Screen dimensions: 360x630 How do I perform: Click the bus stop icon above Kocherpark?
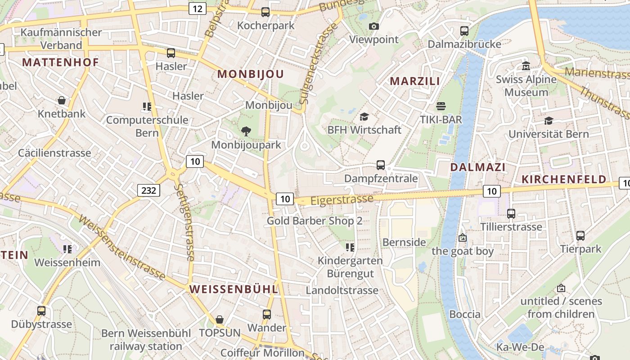point(265,12)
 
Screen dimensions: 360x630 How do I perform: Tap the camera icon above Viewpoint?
point(374,27)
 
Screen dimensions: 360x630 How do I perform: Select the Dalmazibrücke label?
point(464,44)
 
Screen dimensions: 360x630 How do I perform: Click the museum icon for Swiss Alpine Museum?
point(526,66)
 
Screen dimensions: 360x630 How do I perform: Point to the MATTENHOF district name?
point(60,63)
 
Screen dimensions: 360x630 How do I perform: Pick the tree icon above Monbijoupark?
point(246,131)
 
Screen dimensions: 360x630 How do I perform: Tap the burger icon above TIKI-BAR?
point(441,107)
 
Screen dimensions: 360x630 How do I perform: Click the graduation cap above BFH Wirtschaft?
point(364,117)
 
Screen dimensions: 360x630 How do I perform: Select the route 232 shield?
point(148,191)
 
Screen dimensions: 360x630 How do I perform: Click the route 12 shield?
point(198,9)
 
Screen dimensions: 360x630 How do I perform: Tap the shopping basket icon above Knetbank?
point(62,100)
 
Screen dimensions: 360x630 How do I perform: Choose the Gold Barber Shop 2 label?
point(315,221)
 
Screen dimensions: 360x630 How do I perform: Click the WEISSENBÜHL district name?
point(234,289)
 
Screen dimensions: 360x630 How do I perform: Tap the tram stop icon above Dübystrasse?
point(41,311)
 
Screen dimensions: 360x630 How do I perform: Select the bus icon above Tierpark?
point(580,235)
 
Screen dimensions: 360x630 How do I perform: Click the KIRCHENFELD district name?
point(564,179)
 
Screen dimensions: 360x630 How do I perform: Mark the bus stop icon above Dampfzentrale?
point(381,165)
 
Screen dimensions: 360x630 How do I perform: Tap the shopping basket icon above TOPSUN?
point(220,319)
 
